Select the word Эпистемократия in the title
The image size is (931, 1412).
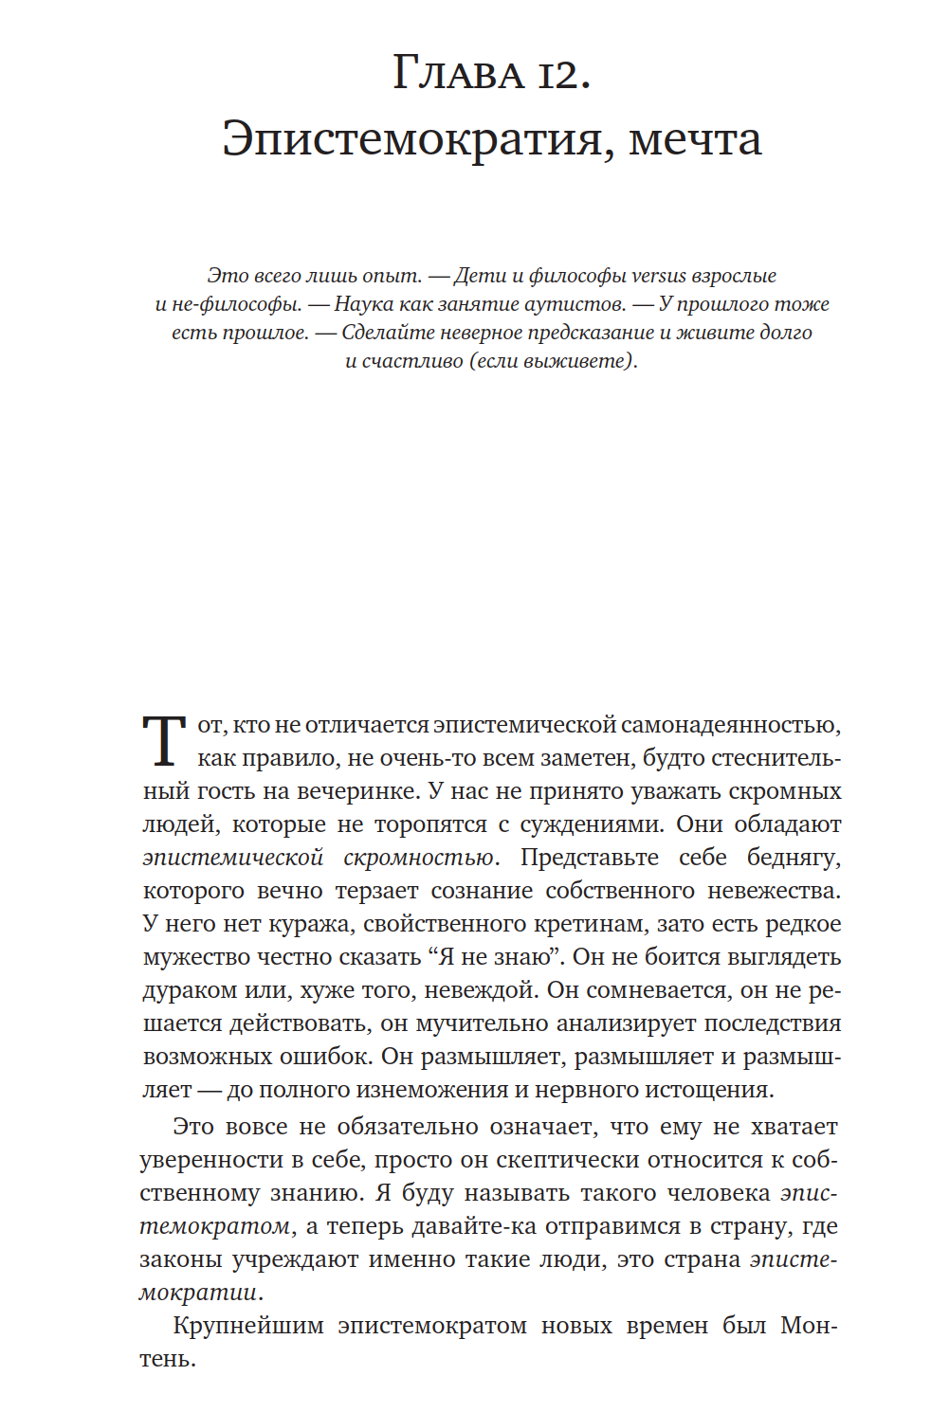411,138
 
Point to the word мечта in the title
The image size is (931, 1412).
695,138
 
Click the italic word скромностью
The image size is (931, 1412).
420,858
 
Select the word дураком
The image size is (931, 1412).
190,990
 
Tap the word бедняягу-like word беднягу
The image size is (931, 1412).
794,858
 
